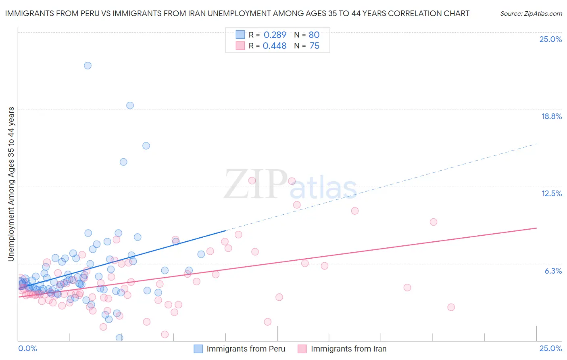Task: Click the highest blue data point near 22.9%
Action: point(88,65)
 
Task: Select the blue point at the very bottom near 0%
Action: point(119,338)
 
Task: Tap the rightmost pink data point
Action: point(451,307)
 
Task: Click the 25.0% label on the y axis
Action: point(550,39)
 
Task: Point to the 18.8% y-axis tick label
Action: point(551,116)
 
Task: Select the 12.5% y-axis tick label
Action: point(551,193)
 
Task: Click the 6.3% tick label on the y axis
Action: point(553,271)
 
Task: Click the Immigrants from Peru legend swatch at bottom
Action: point(198,349)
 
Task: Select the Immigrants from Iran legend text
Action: point(348,349)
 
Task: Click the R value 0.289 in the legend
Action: point(275,35)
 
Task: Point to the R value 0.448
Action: point(274,46)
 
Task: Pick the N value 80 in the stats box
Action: point(314,35)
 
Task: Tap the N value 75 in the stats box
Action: point(314,46)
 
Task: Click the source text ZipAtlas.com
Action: point(531,13)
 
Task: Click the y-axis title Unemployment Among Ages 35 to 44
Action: point(11,184)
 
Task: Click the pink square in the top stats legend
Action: point(240,46)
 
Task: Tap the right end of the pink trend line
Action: point(536,228)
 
